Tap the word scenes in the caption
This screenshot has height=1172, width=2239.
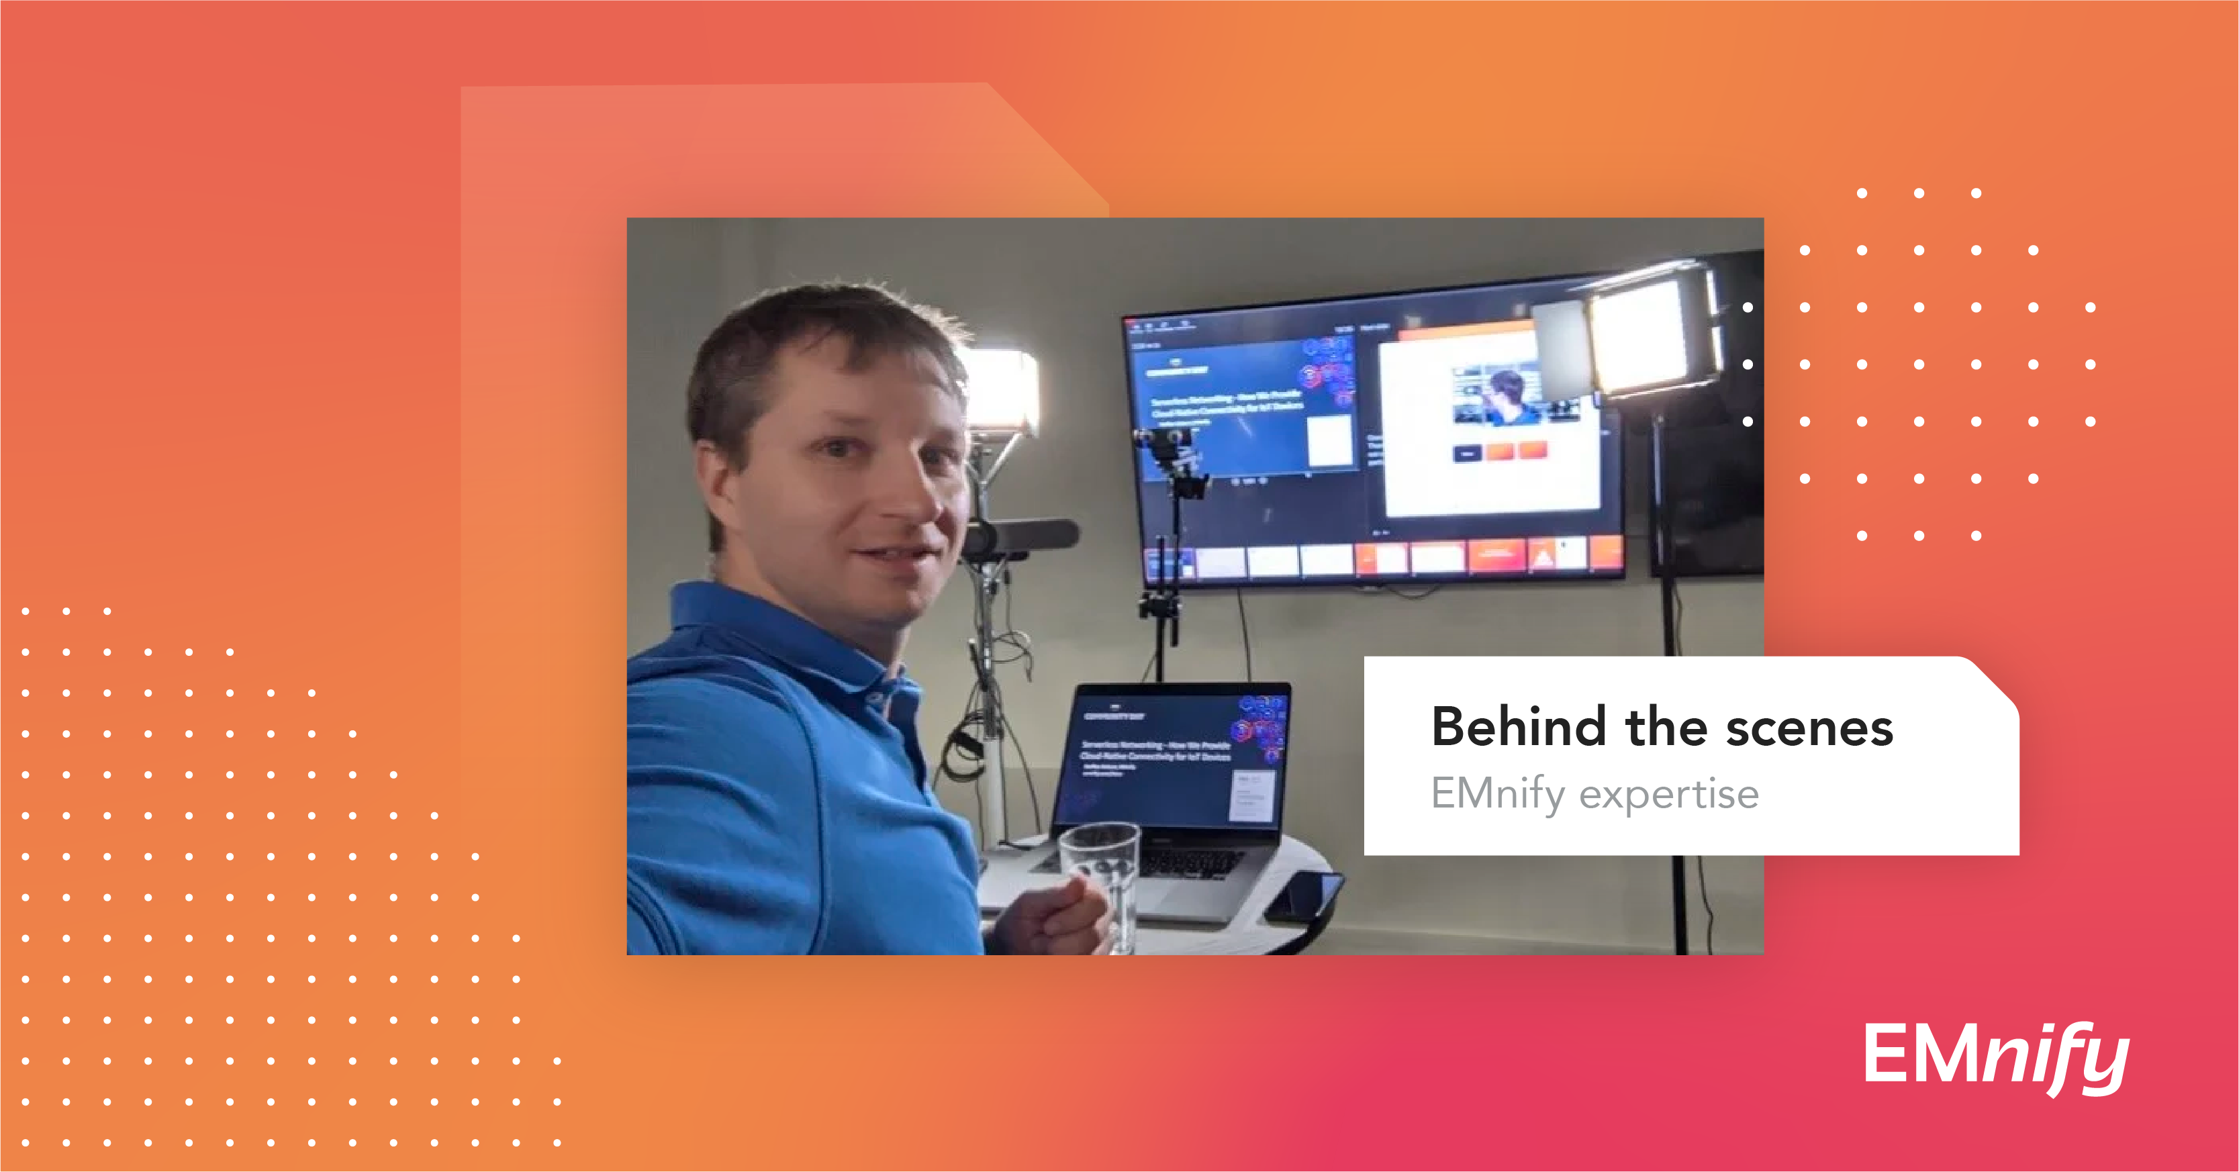[1809, 728]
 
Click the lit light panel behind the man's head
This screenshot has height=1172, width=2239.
[1000, 391]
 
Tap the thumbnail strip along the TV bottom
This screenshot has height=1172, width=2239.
[1382, 556]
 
